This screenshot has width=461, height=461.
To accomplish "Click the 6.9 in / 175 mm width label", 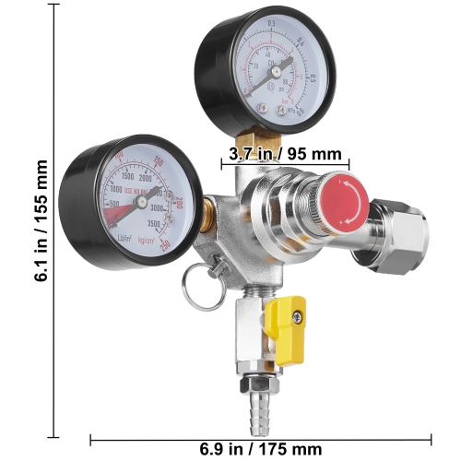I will (261, 448).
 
